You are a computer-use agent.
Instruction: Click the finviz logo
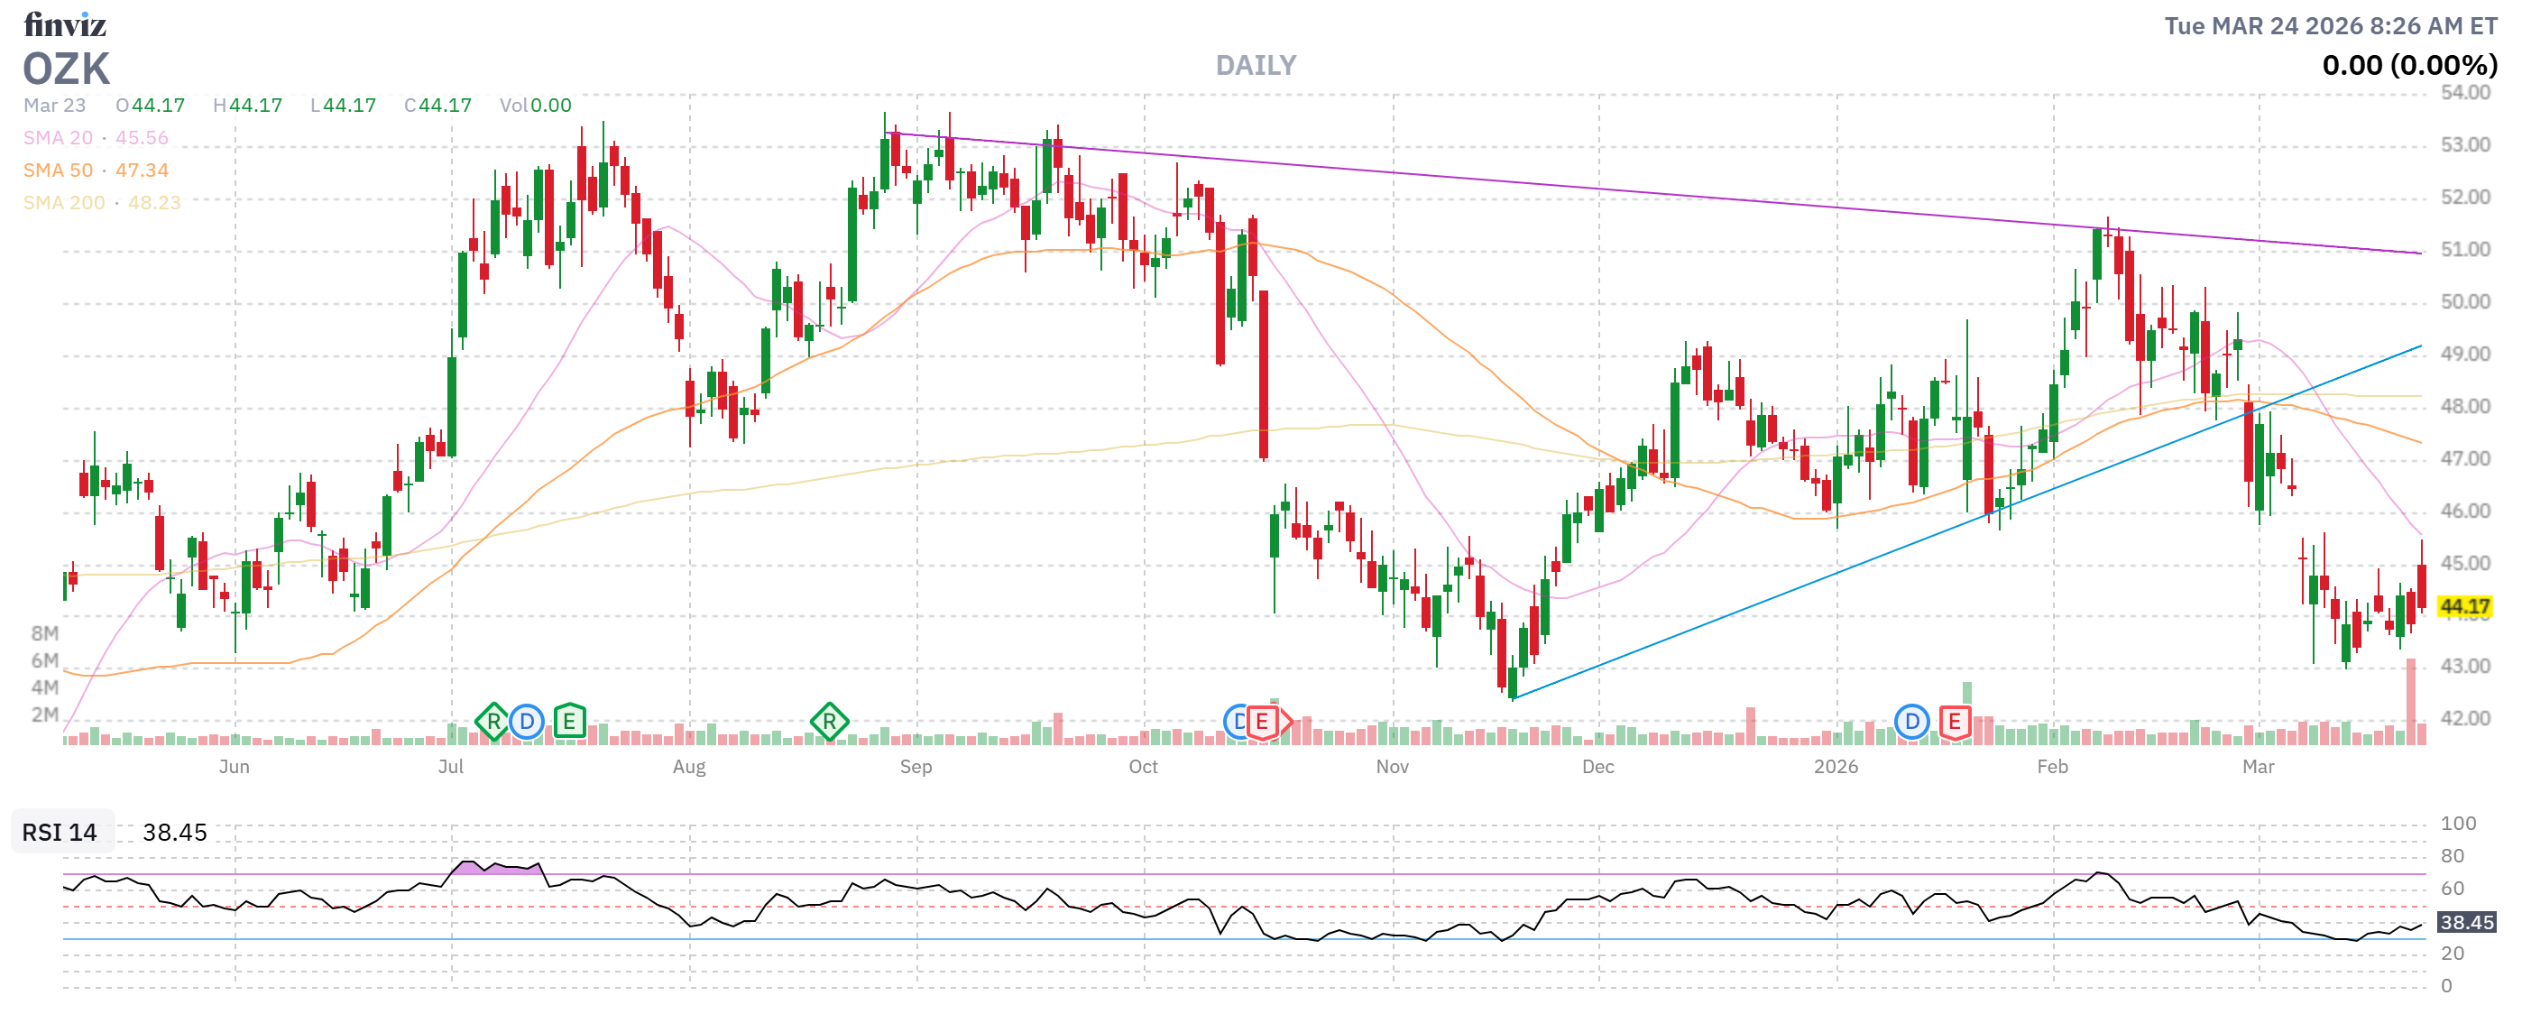(x=65, y=23)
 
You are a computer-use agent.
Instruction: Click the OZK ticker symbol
(x=67, y=69)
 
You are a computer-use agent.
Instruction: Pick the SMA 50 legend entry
(x=95, y=171)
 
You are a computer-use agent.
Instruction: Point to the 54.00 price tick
(x=2464, y=93)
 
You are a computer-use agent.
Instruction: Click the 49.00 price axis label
(x=2464, y=355)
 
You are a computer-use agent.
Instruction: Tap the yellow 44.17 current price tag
(x=2464, y=607)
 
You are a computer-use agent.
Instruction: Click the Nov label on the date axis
(x=1392, y=768)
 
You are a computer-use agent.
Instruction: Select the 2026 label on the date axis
(x=1836, y=768)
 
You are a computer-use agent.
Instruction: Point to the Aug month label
(x=689, y=768)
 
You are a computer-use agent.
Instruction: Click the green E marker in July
(x=569, y=723)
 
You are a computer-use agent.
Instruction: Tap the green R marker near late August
(x=829, y=723)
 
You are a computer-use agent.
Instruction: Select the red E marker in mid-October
(x=1262, y=723)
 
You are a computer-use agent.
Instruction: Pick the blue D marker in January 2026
(x=1911, y=723)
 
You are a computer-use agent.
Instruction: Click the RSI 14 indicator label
(x=60, y=833)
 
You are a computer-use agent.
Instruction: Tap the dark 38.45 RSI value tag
(x=2466, y=923)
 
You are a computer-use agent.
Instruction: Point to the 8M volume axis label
(x=45, y=633)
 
